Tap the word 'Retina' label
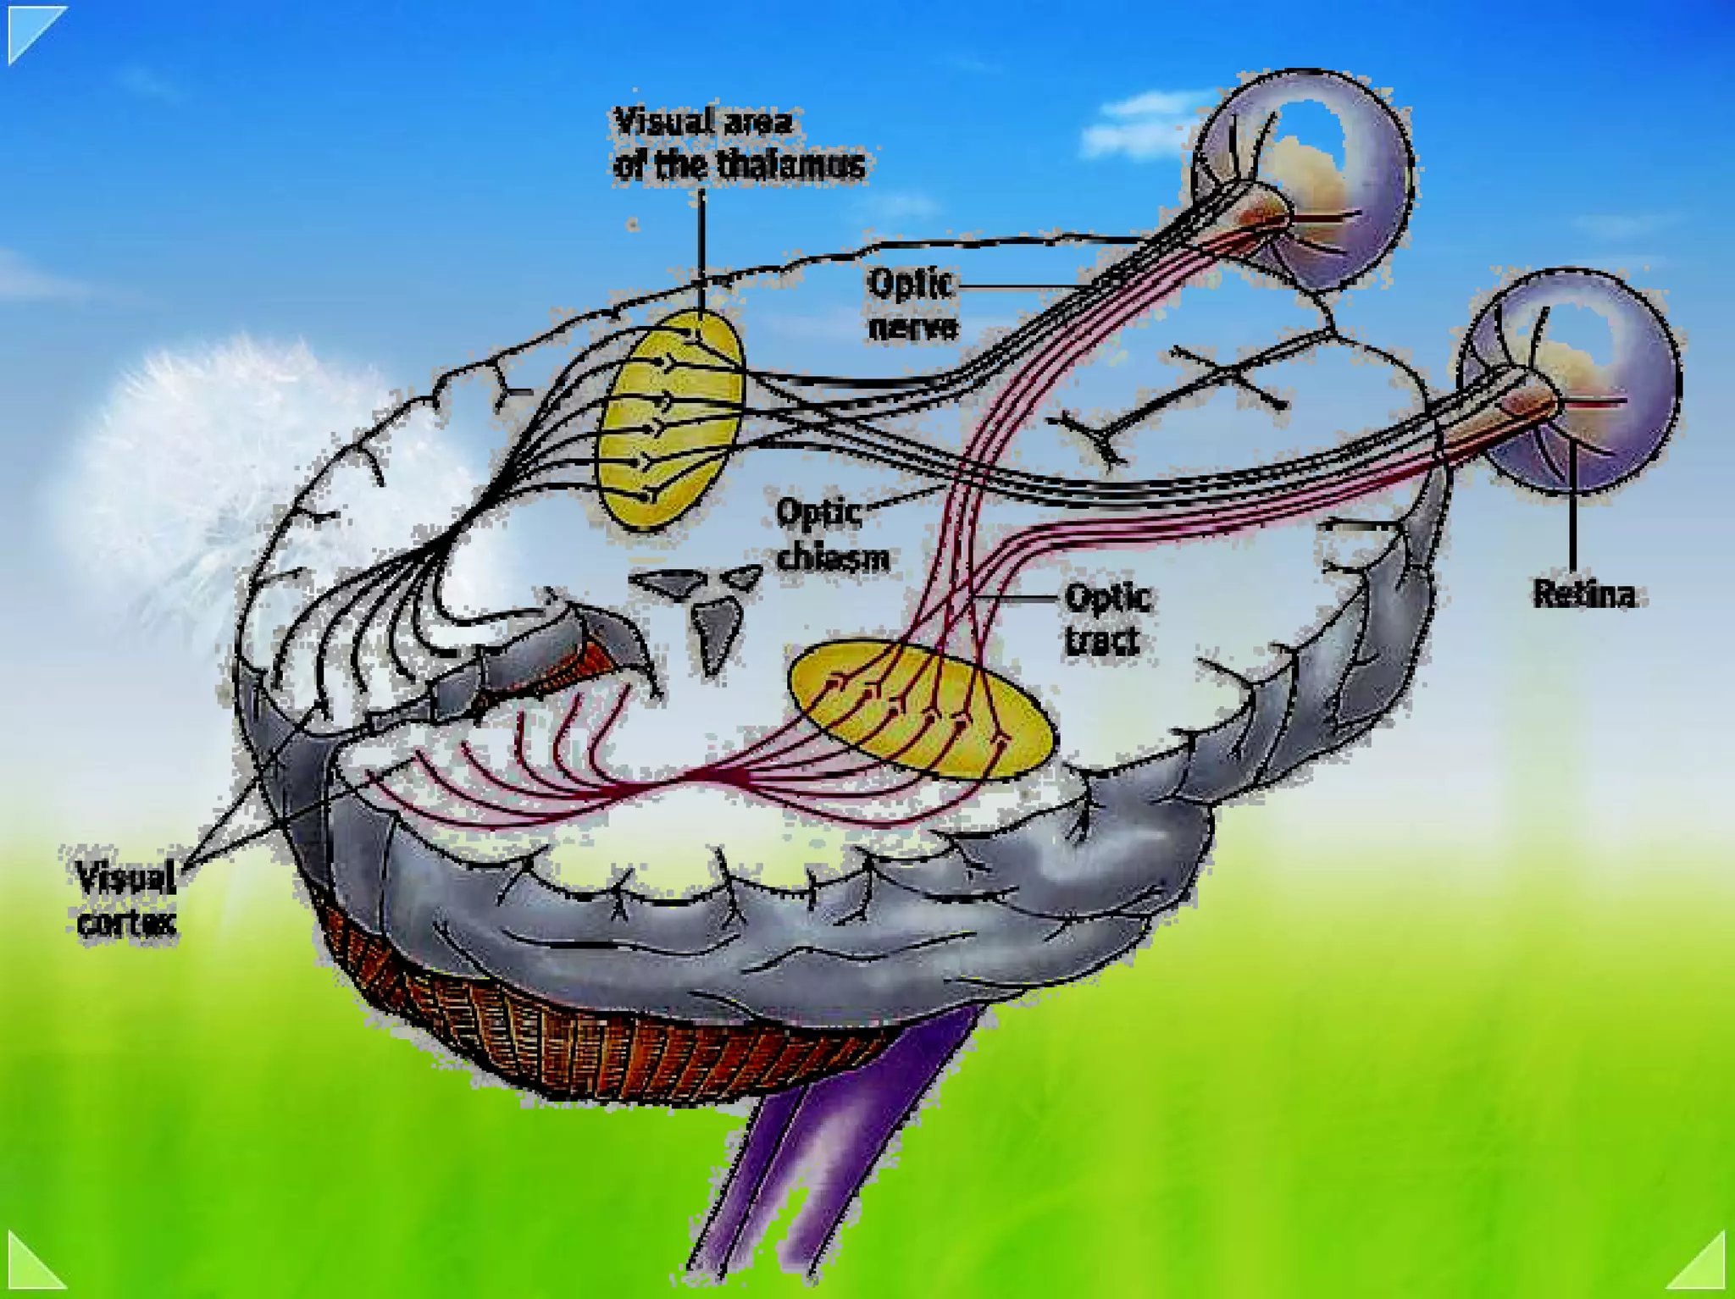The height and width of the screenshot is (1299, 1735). coord(1583,594)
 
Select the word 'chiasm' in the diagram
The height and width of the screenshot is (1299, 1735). coord(834,556)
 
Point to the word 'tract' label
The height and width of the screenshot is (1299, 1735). coord(1101,639)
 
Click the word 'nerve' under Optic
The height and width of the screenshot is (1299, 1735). coord(913,326)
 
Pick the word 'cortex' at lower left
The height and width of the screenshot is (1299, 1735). coord(126,921)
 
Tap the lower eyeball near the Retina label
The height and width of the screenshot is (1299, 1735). coord(1576,381)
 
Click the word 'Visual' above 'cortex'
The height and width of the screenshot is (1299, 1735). coord(126,877)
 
